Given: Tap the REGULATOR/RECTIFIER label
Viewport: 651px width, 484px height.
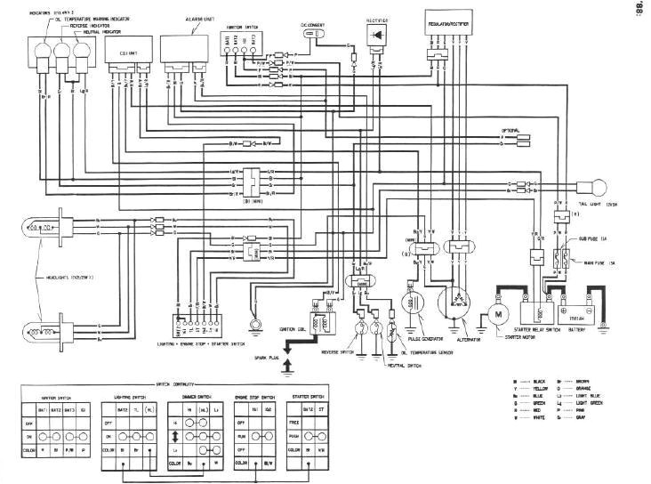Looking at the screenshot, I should click(447, 17).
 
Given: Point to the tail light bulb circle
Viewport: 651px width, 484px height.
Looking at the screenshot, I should click(595, 186).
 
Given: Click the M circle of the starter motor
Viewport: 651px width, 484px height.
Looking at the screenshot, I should click(497, 314).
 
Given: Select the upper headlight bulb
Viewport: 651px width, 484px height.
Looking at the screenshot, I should click(41, 227).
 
